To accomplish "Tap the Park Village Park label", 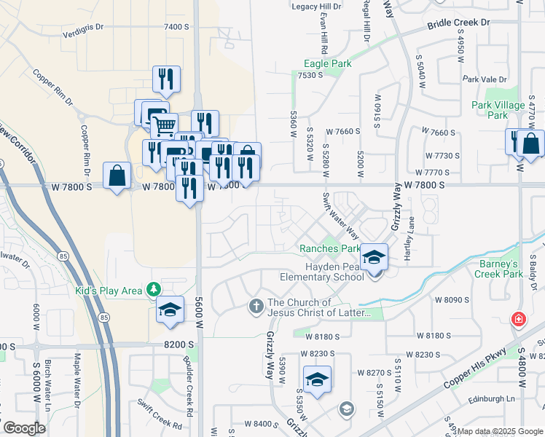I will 498,110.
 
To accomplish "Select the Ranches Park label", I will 330,248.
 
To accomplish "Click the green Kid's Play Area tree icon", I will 154,290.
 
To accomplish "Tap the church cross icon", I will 256,305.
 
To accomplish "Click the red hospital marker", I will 518,319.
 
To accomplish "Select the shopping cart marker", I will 165,126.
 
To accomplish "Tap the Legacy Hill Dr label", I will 316,7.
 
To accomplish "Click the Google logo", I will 23,428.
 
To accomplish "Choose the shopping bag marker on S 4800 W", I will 531,144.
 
